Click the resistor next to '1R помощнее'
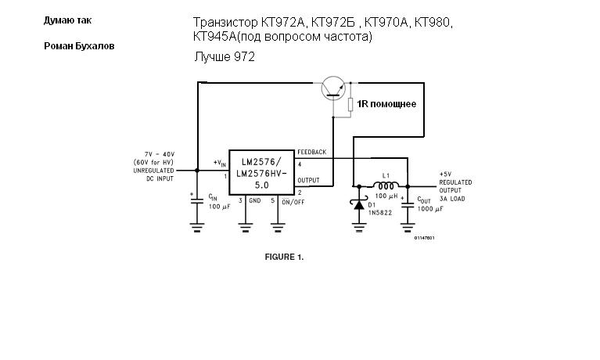351,105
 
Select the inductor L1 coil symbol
385,186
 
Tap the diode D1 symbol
358,205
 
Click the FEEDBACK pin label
311,152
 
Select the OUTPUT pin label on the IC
308,180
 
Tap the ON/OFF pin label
292,201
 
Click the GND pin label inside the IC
255,201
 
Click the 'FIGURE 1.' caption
284,257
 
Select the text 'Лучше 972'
225,57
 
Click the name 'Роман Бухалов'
79,46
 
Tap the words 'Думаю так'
62,20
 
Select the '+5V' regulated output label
445,174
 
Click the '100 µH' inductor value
387,196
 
